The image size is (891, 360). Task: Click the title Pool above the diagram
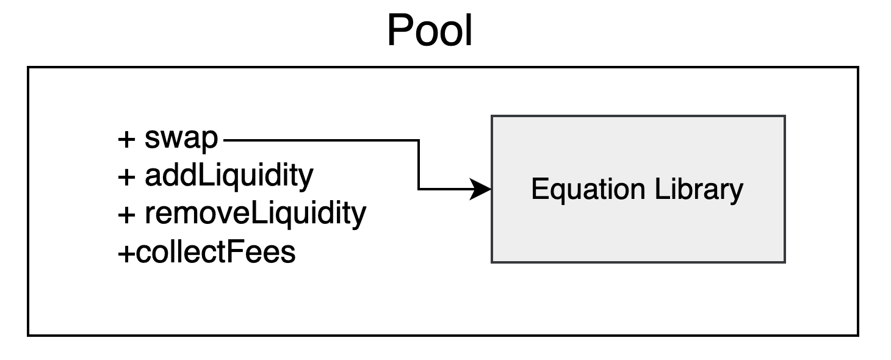(x=430, y=31)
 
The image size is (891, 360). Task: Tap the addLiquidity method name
(x=229, y=176)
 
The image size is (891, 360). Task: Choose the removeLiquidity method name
(x=255, y=214)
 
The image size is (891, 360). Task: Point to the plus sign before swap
(x=126, y=140)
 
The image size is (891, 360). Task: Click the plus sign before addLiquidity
(x=126, y=177)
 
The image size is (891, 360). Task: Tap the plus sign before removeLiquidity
(x=126, y=214)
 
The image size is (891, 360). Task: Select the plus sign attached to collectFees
(x=126, y=252)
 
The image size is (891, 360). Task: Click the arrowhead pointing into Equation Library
(x=483, y=190)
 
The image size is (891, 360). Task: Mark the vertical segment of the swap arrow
(x=419, y=165)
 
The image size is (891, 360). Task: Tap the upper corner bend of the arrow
(x=419, y=140)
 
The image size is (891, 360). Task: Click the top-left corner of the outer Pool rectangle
(x=28, y=67)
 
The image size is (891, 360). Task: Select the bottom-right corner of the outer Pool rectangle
(x=858, y=335)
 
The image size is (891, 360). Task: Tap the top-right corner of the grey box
(x=784, y=116)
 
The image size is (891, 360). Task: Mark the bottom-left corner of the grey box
(x=492, y=262)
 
